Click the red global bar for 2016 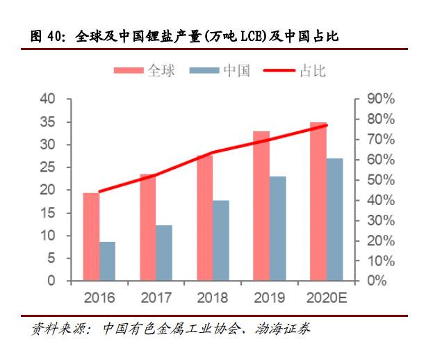click(x=91, y=236)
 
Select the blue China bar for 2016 click(x=108, y=261)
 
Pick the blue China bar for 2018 click(x=221, y=240)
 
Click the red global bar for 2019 click(x=261, y=206)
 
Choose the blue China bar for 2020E click(x=334, y=220)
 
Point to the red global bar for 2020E click(x=318, y=202)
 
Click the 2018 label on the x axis click(x=213, y=298)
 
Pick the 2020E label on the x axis click(x=326, y=298)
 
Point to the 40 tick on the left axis click(x=47, y=99)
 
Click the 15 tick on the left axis click(x=47, y=213)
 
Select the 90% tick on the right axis click(x=379, y=99)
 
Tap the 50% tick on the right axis click(x=379, y=180)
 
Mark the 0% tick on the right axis click(x=376, y=281)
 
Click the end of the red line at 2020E click(x=326, y=125)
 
